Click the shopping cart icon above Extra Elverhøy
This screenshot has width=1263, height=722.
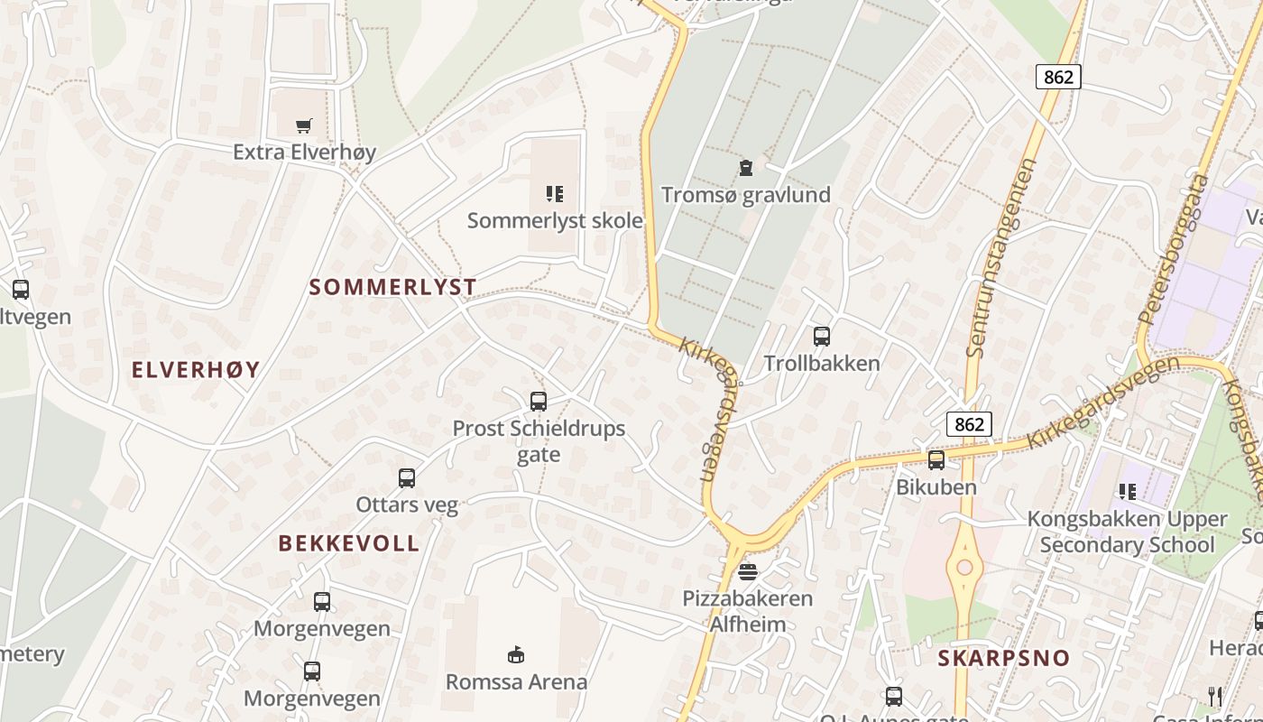(304, 125)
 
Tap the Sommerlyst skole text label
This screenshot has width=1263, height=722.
(555, 220)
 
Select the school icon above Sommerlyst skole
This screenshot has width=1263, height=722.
(555, 193)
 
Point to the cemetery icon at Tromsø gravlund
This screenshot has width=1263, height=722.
(746, 167)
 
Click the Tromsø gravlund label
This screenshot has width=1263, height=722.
(746, 195)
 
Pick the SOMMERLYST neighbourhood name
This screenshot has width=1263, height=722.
(392, 288)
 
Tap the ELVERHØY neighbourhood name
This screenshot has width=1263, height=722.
(196, 369)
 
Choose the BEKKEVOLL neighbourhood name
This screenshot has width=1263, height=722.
(349, 543)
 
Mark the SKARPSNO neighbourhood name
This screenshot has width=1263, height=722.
(1003, 658)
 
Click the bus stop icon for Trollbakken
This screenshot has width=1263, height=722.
(821, 337)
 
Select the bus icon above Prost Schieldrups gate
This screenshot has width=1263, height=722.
(539, 402)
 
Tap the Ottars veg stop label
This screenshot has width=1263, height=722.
(407, 504)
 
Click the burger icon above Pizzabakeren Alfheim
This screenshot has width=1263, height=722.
(748, 571)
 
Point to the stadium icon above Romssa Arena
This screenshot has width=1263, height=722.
(516, 654)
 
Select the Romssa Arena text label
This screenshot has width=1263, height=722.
(516, 681)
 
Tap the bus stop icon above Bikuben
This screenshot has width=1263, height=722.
(936, 459)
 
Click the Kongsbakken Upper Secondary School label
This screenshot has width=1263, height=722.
(1128, 532)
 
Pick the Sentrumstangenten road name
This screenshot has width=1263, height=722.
(1002, 257)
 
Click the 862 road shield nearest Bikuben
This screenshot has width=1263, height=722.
(970, 423)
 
